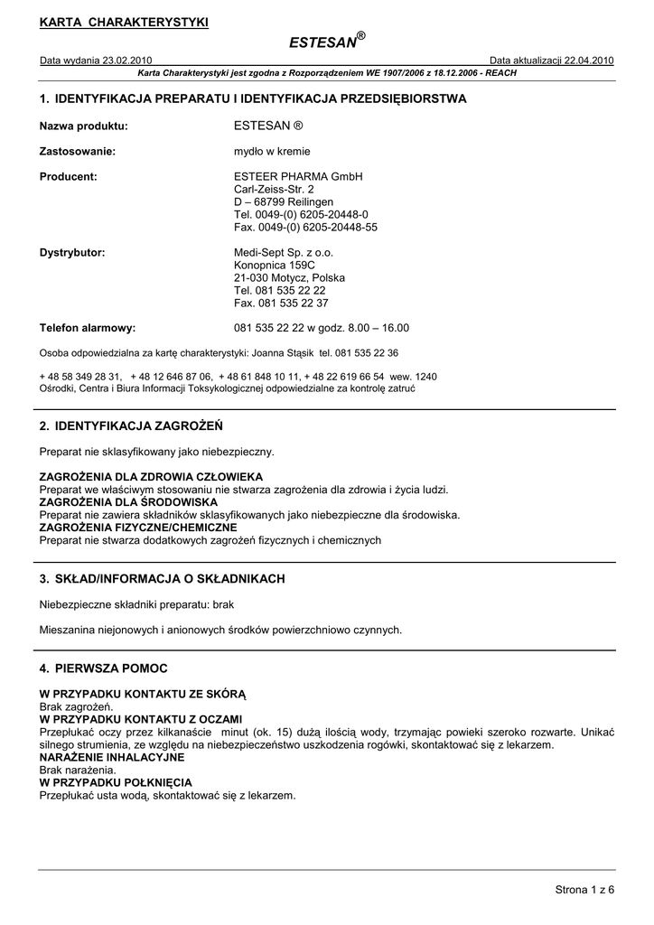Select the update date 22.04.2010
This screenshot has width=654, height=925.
(588, 61)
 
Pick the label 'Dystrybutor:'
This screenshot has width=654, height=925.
(72, 253)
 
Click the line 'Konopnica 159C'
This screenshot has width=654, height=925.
(275, 266)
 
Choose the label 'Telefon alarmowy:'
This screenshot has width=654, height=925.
(88, 328)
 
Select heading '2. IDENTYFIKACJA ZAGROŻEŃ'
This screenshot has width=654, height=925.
(131, 425)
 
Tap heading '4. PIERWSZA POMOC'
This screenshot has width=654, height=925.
(104, 668)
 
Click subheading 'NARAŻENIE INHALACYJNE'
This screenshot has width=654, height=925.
(112, 757)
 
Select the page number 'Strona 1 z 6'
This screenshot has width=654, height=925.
(584, 892)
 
